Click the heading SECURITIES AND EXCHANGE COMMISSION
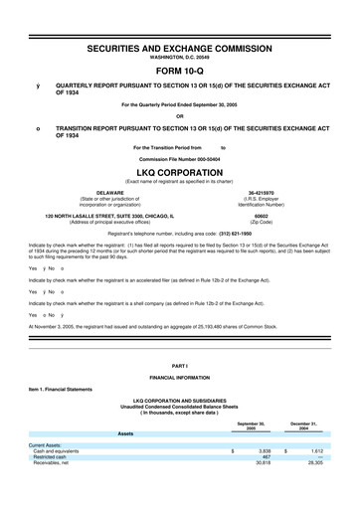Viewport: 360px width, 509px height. tap(180, 48)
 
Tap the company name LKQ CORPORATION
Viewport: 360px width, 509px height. tap(180, 171)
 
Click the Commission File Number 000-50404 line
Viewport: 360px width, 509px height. tap(180, 159)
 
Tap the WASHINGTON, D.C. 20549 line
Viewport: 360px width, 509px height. tap(180, 58)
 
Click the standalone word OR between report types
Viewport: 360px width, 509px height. tap(180, 112)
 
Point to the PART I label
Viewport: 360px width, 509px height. tap(180, 368)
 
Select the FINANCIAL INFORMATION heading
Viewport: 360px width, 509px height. tap(180, 379)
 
